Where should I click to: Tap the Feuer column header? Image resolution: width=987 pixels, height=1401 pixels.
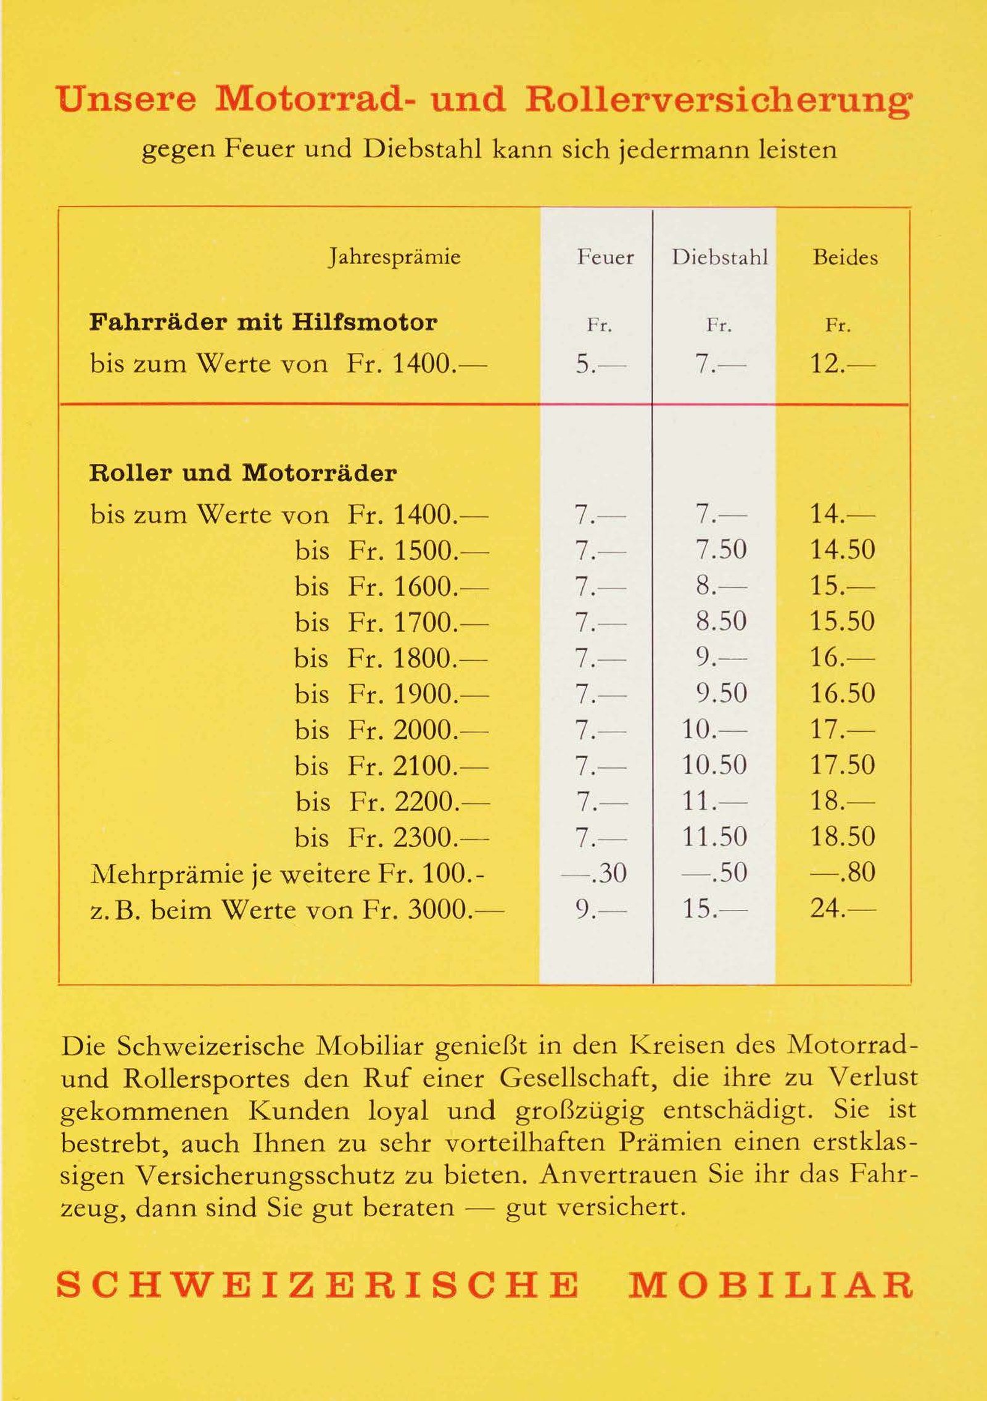(605, 257)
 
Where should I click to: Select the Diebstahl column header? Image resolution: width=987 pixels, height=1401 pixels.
(720, 257)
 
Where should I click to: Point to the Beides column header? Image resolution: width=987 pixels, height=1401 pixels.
(845, 257)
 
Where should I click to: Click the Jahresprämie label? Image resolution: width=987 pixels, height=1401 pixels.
(394, 257)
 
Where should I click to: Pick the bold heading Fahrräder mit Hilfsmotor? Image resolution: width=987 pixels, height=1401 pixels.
(263, 322)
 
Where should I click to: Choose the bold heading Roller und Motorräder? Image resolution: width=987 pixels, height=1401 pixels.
(243, 473)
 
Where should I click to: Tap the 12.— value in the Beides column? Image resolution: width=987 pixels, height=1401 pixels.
(842, 365)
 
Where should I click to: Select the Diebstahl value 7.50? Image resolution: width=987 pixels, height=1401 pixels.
(721, 550)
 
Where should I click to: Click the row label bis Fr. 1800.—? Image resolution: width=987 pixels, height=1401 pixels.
(391, 658)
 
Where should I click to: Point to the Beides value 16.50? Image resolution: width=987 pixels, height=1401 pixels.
(842, 694)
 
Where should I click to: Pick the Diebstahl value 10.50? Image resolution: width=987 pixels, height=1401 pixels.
(714, 766)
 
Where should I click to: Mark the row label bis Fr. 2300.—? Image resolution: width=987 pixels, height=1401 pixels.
(392, 837)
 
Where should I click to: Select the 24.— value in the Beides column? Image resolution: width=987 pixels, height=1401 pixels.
(842, 909)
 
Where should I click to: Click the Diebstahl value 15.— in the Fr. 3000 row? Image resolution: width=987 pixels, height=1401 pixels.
(714, 909)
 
